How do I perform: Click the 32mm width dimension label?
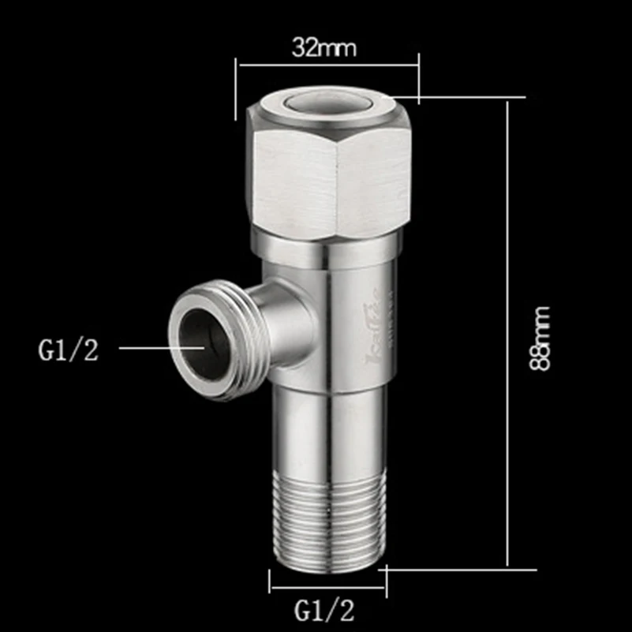[324, 48]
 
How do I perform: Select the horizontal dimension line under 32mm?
[327, 68]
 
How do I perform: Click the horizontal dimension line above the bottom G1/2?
[327, 587]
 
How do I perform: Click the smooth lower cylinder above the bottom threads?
[327, 430]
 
